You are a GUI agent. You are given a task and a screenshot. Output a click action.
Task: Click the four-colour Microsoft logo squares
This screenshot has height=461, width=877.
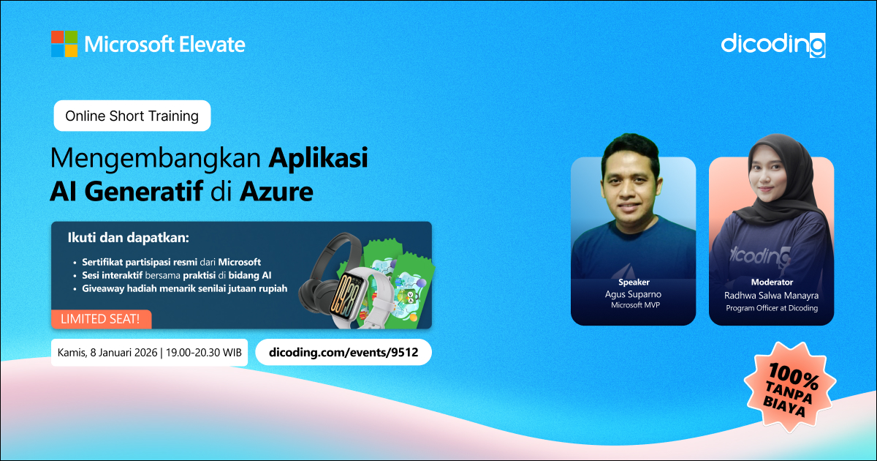tap(64, 44)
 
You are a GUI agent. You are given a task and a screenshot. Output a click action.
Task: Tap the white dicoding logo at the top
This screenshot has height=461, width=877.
tap(773, 45)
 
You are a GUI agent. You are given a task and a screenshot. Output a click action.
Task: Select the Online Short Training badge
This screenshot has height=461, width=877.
tap(132, 116)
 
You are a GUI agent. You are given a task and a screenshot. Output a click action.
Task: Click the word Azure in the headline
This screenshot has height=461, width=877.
tap(276, 191)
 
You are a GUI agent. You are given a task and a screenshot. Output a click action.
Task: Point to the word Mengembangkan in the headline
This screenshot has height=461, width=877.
tap(156, 159)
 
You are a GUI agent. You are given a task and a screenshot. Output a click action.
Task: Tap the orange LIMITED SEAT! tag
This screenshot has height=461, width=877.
tap(101, 319)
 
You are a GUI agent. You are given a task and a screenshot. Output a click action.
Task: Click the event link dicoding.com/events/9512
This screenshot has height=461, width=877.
tap(343, 353)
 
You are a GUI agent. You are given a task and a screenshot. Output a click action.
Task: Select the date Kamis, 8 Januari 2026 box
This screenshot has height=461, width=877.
tap(149, 353)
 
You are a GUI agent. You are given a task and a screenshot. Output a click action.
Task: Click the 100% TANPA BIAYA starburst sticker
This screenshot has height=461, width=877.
tap(791, 388)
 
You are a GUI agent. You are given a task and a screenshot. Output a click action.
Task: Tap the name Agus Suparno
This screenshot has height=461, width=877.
tap(633, 294)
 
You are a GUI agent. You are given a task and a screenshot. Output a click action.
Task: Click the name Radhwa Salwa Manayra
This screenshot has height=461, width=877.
tap(771, 295)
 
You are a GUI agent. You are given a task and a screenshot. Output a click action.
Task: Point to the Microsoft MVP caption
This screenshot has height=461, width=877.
tap(635, 305)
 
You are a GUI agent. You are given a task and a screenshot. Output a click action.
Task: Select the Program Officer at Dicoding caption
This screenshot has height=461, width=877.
tap(772, 308)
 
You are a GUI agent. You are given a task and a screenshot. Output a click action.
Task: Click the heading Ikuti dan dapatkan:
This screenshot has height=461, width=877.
tap(129, 238)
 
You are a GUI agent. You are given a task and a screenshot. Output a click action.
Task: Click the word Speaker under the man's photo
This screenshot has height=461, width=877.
tap(634, 282)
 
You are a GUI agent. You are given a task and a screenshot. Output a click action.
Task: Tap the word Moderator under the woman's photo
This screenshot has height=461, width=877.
tap(772, 282)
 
